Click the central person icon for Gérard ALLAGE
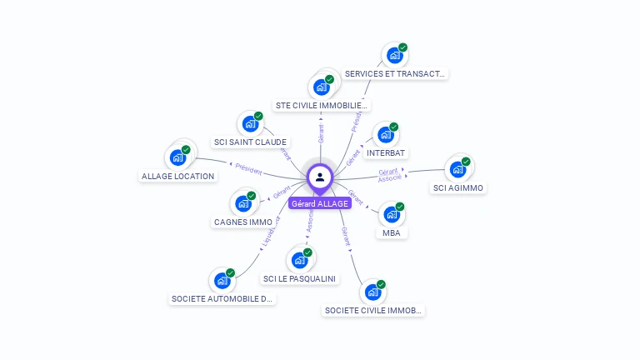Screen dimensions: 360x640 click(x=320, y=177)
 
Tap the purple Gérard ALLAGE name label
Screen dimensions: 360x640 click(x=320, y=203)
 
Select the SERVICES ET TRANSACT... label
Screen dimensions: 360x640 click(x=395, y=73)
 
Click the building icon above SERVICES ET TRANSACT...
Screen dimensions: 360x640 click(x=394, y=56)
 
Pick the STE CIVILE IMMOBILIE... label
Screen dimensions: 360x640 click(x=322, y=106)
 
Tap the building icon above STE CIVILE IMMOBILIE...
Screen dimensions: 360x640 click(x=322, y=87)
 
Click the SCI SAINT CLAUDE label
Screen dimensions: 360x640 click(x=250, y=142)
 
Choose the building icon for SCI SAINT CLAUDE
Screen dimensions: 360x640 click(x=249, y=124)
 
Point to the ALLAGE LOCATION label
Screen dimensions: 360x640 click(x=178, y=176)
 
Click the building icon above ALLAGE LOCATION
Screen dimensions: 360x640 click(x=177, y=157)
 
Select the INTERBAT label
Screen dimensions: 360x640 click(x=386, y=152)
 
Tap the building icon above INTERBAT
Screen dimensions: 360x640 click(x=385, y=135)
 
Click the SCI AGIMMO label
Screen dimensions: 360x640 click(x=458, y=187)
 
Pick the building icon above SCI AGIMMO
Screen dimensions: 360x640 click(x=457, y=169)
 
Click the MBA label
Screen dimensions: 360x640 click(x=392, y=232)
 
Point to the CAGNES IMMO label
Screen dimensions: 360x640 click(x=243, y=222)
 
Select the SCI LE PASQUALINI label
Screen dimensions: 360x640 click(x=300, y=278)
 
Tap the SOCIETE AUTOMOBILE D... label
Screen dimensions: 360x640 click(x=222, y=298)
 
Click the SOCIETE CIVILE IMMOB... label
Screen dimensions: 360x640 click(x=373, y=310)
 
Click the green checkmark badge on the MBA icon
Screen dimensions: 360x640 click(x=400, y=206)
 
